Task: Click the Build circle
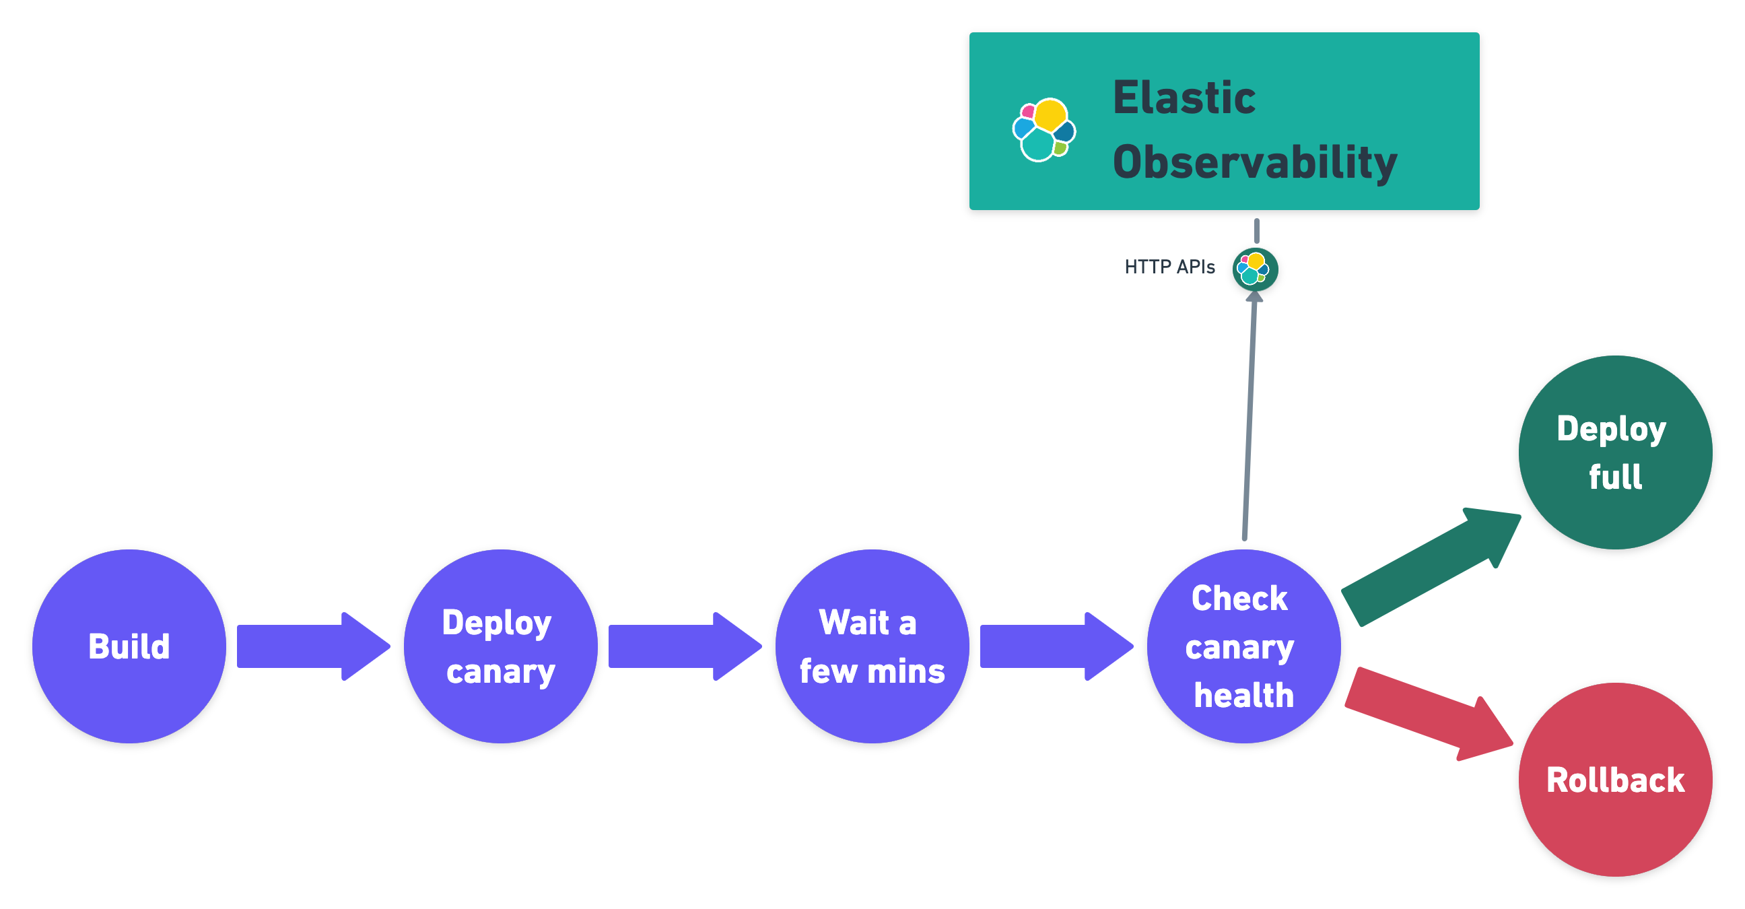(x=129, y=646)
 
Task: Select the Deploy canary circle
(x=500, y=646)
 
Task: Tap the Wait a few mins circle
(x=872, y=646)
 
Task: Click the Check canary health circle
(x=1243, y=646)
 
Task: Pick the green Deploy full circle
(x=1615, y=452)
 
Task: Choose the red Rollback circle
(x=1615, y=779)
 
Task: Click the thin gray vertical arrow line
(x=1249, y=420)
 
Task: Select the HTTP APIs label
(x=1169, y=267)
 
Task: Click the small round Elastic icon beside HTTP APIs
(x=1255, y=269)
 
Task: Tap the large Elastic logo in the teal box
(x=1044, y=129)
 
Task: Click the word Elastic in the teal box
(x=1184, y=98)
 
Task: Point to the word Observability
(x=1255, y=162)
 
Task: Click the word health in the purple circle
(x=1243, y=695)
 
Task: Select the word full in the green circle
(x=1615, y=477)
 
